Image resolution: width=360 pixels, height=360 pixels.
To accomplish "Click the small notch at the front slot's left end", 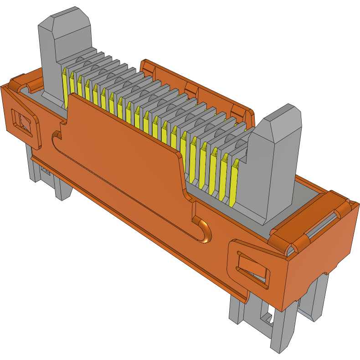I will tap(56, 135).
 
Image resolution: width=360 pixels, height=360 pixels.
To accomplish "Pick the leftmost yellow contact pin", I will tap(65, 82).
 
